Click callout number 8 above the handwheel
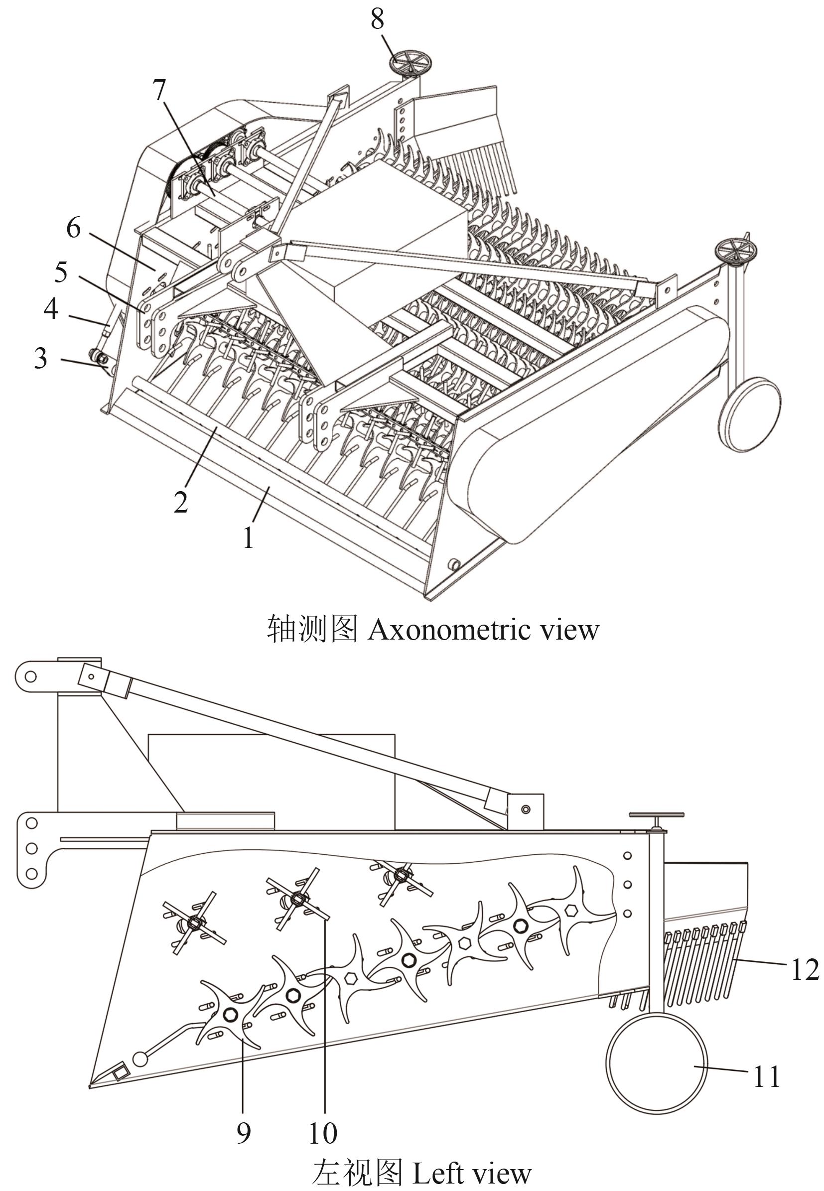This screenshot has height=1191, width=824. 378,19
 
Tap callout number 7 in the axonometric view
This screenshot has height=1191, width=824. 159,91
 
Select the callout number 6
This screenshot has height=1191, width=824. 74,228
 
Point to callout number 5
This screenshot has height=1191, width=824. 61,271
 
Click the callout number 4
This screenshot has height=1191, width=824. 51,309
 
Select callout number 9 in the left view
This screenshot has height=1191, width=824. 244,1132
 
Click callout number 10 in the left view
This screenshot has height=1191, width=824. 323,1132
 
